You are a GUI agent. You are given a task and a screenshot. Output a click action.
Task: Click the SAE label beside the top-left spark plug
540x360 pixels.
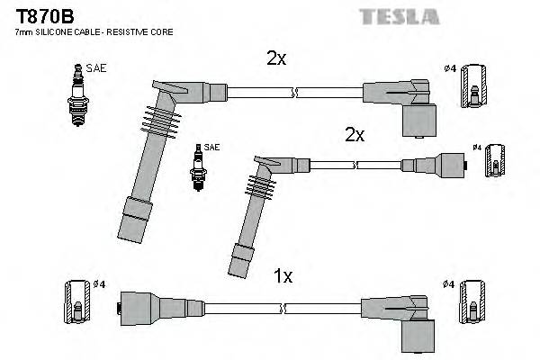coord(94,67)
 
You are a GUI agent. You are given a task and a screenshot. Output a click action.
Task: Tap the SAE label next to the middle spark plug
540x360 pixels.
coord(211,147)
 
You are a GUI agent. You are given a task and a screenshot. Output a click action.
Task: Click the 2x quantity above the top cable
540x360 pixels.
coord(275,58)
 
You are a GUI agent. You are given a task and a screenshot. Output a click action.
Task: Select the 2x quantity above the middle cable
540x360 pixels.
coord(354,135)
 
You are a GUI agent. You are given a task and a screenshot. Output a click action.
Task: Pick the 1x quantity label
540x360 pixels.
coord(283,277)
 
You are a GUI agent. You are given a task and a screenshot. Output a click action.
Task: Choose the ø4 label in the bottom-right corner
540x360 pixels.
coord(449,285)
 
